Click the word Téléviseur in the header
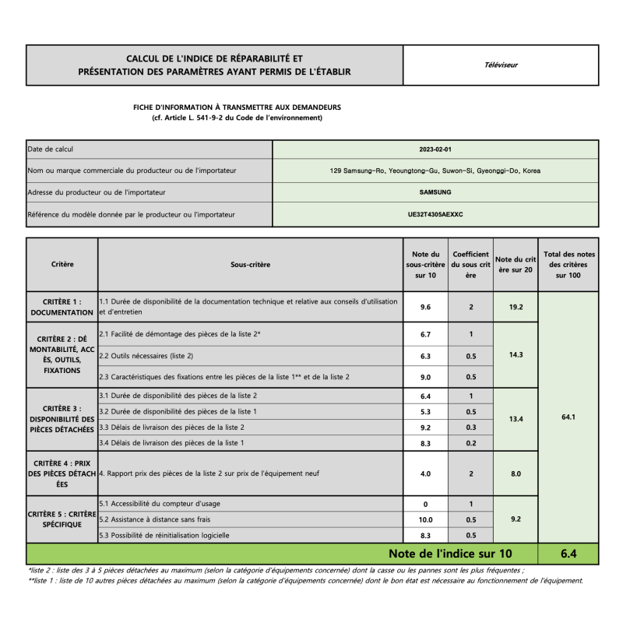pos(501,65)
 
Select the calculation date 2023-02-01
pos(435,150)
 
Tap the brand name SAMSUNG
pos(435,192)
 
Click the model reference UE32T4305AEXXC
pos(435,213)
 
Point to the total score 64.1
pos(568,417)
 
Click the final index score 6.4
pos(568,554)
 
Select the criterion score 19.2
pos(516,307)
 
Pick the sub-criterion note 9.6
pos(425,307)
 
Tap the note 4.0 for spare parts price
pos(425,473)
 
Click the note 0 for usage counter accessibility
pos(425,504)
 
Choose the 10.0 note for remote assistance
pos(425,519)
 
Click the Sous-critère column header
pos(251,265)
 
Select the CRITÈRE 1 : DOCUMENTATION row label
pos(62,307)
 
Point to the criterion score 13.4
pos(516,419)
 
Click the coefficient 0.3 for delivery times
pos(470,427)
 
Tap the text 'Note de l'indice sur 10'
pos(451,554)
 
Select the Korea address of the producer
pos(435,171)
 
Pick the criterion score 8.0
pos(516,473)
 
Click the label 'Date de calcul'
pos(51,150)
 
